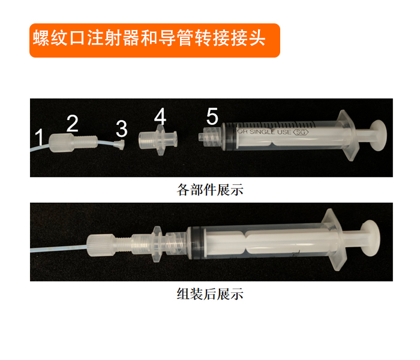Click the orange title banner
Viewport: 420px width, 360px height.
coord(155,40)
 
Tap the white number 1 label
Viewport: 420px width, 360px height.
coord(40,137)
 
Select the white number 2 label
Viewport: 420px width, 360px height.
coord(73,123)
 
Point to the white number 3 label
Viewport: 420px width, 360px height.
coord(122,128)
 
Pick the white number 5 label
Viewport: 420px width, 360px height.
coord(212,116)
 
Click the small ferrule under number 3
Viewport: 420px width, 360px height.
coord(119,145)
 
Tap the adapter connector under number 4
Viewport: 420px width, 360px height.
coord(158,140)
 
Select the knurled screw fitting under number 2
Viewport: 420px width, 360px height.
coord(73,143)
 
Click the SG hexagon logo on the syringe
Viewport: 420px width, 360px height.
coord(301,132)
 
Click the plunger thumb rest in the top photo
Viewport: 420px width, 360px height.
coord(378,135)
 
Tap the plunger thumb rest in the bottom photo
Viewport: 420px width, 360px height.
coord(370,238)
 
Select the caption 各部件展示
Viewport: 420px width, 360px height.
coord(210,190)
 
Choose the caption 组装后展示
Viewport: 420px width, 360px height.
coord(210,293)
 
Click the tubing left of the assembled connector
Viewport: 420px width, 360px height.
coord(59,249)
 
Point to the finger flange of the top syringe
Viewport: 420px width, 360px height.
coord(348,135)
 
